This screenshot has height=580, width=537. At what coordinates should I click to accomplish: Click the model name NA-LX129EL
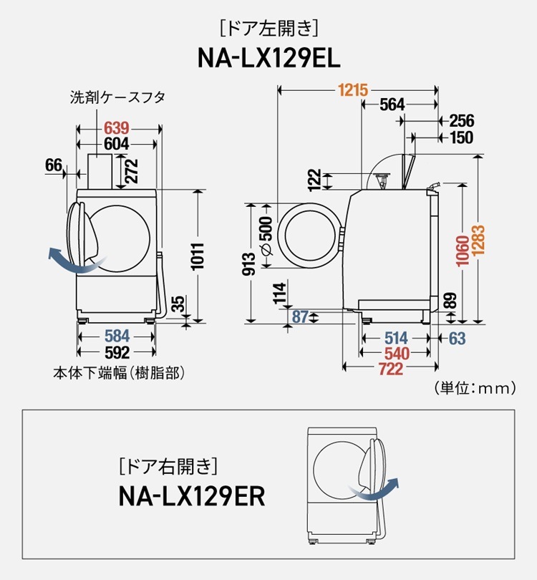(268, 57)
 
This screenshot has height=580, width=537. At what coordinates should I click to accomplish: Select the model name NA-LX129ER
(192, 496)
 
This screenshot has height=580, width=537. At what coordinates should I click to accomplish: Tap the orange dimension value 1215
(353, 90)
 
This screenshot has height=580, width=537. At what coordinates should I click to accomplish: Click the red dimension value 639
(116, 128)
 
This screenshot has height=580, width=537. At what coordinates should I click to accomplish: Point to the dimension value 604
(116, 144)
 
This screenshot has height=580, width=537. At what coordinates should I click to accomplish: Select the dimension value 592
(117, 352)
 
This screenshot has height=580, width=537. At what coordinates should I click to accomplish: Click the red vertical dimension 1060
(462, 251)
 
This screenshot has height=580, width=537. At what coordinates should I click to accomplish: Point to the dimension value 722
(390, 369)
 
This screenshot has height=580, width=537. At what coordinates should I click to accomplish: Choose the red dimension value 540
(397, 354)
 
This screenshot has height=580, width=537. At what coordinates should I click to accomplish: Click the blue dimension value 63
(457, 338)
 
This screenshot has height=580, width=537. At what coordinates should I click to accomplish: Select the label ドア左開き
(268, 29)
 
